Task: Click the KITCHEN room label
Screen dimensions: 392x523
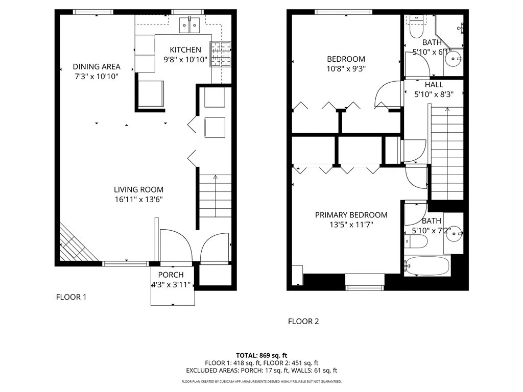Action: pyautogui.click(x=185, y=50)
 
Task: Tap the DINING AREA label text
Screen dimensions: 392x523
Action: pyautogui.click(x=97, y=67)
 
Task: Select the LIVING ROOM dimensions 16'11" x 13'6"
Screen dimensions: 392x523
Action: pyautogui.click(x=138, y=200)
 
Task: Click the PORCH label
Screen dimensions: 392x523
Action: pyautogui.click(x=171, y=275)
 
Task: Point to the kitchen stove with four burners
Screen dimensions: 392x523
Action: pyautogui.click(x=222, y=55)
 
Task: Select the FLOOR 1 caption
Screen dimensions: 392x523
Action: pyautogui.click(x=71, y=297)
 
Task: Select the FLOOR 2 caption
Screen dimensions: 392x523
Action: pyautogui.click(x=303, y=322)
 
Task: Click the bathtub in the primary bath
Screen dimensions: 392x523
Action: pyautogui.click(x=427, y=265)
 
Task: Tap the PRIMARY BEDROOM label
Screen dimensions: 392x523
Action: pyautogui.click(x=351, y=215)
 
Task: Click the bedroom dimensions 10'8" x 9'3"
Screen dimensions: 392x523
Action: pyautogui.click(x=346, y=68)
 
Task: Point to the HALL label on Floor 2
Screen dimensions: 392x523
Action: pyautogui.click(x=434, y=85)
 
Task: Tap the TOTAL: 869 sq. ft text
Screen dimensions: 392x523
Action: pyautogui.click(x=261, y=355)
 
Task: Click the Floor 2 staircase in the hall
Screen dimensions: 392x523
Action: pyautogui.click(x=447, y=153)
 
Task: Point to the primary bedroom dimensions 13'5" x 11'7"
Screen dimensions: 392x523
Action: pyautogui.click(x=351, y=225)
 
